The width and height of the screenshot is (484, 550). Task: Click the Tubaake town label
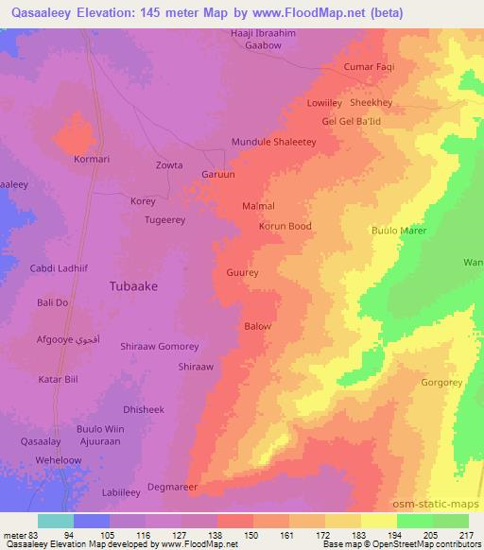tap(133, 284)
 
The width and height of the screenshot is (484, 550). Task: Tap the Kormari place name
tap(93, 159)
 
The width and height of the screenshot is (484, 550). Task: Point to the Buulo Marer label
tap(399, 231)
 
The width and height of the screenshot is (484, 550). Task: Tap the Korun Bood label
tap(285, 227)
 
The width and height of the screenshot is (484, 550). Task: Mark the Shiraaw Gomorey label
tap(160, 347)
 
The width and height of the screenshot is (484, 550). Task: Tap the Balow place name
tap(258, 327)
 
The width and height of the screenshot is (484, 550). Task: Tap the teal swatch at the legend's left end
tap(56, 521)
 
